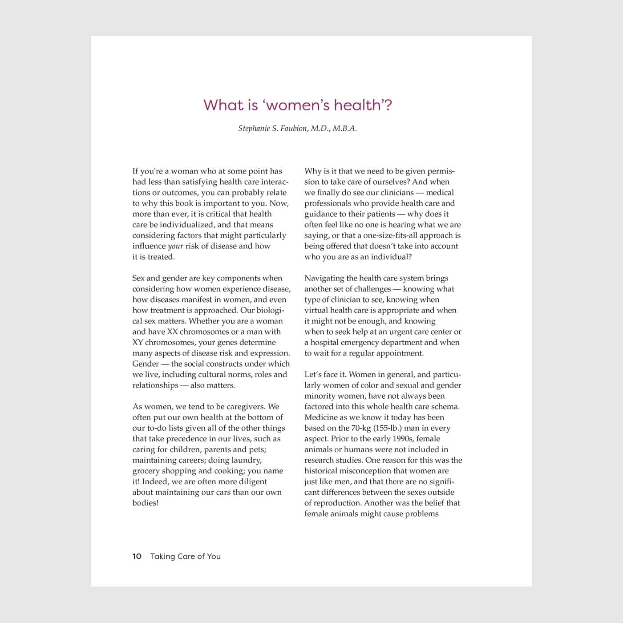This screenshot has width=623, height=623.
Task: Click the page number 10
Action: coord(137,556)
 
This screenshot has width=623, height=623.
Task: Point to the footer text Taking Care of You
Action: coord(186,556)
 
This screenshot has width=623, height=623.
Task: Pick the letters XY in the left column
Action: coord(138,342)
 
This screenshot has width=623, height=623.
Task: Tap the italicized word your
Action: coord(175,246)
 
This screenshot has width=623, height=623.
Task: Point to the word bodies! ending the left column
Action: coord(146,503)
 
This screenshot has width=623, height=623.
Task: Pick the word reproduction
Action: coord(338,503)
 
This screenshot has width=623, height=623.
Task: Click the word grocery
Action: coord(146,471)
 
